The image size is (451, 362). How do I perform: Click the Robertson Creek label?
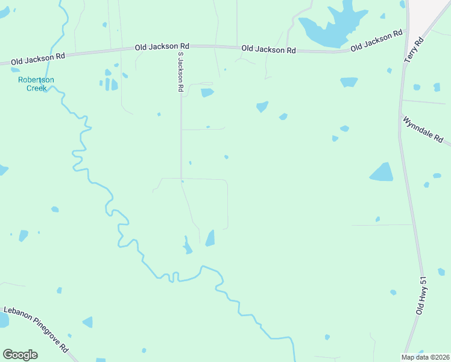(x=36, y=84)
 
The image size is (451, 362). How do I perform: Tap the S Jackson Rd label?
(x=180, y=71)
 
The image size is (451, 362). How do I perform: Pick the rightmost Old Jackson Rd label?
(x=376, y=41)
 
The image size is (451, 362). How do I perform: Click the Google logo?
(x=20, y=355)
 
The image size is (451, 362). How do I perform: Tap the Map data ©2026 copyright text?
(x=425, y=357)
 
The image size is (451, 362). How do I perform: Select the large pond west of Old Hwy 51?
(x=382, y=173)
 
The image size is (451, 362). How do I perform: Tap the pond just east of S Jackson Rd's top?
(x=207, y=92)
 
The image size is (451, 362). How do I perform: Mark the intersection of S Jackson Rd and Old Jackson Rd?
(x=180, y=46)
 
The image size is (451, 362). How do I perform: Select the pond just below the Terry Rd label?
(x=348, y=82)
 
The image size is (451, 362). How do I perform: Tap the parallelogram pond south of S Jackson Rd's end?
(x=210, y=238)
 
